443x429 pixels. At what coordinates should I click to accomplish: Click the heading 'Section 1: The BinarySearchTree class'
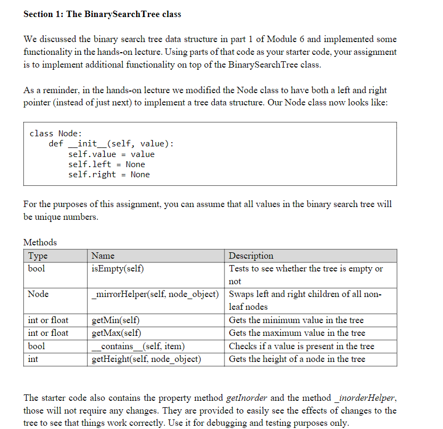[x=102, y=14]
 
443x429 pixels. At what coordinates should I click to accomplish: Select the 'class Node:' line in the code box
[x=55, y=134]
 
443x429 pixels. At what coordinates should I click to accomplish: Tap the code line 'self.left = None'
[x=106, y=164]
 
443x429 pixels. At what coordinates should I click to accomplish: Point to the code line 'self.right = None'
[x=109, y=175]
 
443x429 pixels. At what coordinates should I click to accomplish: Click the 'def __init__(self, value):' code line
[x=111, y=144]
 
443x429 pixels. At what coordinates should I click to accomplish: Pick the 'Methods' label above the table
[x=40, y=242]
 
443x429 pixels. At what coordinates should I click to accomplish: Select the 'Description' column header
[x=251, y=255]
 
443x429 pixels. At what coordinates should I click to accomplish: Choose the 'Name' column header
[x=103, y=255]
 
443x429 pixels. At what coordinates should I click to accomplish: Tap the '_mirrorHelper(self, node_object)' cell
[x=155, y=294]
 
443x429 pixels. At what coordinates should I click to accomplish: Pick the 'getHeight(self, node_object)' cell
[x=146, y=359]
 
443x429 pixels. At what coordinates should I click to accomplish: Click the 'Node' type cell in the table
[x=38, y=294]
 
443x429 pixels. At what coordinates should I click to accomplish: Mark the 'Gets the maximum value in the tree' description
[x=297, y=333]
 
